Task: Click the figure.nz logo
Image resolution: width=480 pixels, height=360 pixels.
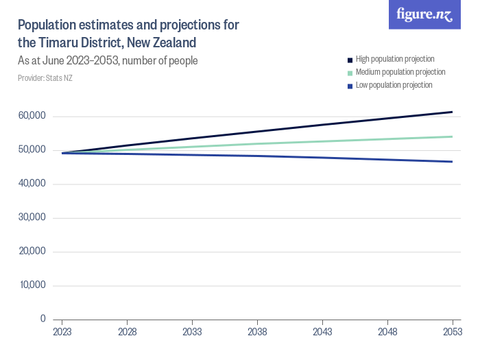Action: [x=424, y=14]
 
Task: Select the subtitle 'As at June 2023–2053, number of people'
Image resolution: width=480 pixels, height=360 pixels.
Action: [x=108, y=61]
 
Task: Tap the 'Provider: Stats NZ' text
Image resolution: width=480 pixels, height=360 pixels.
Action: [x=45, y=78]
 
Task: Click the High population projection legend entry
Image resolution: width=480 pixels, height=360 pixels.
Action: [x=394, y=60]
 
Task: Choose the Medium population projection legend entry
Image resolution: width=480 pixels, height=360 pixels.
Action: [x=400, y=72]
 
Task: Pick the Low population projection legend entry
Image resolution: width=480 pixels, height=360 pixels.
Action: [x=394, y=85]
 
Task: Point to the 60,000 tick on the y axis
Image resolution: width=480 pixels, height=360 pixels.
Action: [x=32, y=116]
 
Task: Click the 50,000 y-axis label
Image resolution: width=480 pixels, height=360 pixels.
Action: [x=32, y=149]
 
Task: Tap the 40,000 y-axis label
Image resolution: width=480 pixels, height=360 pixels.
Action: [x=32, y=184]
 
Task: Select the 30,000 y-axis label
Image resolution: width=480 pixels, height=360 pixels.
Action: [x=32, y=217]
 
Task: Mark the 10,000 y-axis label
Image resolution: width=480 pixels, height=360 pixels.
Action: [x=32, y=285]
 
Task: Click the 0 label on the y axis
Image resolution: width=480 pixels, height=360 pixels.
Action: [x=43, y=319]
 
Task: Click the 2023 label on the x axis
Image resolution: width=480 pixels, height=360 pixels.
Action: [x=62, y=332]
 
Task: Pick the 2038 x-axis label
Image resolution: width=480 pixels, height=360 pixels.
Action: [x=257, y=332]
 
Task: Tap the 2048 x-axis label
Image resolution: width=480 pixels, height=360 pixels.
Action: [x=387, y=332]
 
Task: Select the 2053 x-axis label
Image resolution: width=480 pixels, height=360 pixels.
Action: [x=452, y=332]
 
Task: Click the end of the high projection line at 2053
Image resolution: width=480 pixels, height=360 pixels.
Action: [x=452, y=112]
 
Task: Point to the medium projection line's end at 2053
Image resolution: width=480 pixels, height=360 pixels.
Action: [x=452, y=136]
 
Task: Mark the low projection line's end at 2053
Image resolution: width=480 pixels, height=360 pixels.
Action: [x=452, y=162]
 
